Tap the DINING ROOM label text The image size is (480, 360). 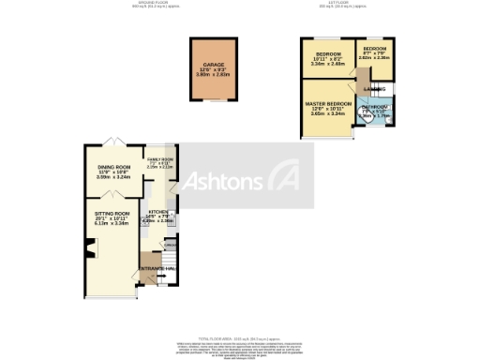pyautogui.click(x=112, y=166)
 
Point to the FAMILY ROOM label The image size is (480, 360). pyautogui.click(x=160, y=160)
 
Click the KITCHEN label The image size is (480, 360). pyautogui.click(x=158, y=212)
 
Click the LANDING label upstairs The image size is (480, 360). pyautogui.click(x=374, y=90)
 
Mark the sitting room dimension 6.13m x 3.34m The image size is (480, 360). pyautogui.click(x=112, y=225)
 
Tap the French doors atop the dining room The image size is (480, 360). pyautogui.click(x=112, y=141)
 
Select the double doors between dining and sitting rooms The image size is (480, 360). pyautogui.click(x=111, y=193)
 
